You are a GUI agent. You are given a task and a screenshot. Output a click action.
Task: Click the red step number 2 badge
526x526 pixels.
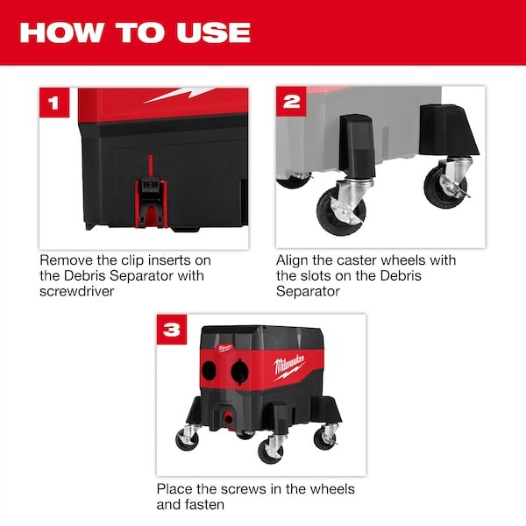(x=292, y=102)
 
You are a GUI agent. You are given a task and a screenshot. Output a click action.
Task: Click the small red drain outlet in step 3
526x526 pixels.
(x=231, y=413)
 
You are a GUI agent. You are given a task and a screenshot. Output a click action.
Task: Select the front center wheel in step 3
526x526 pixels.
(x=270, y=451)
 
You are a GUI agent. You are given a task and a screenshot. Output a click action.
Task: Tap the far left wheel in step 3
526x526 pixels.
(x=187, y=438)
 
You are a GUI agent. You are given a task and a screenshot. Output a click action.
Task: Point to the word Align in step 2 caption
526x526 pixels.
(x=294, y=260)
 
